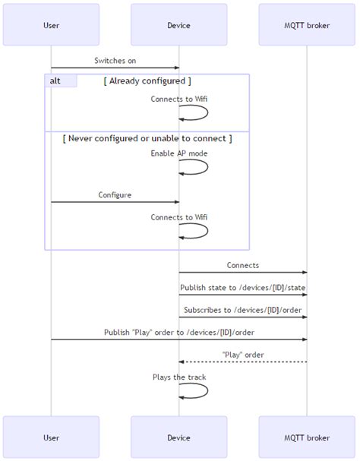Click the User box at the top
52,25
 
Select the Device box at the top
178,25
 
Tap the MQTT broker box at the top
307,25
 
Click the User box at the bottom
52,437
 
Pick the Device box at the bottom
178,437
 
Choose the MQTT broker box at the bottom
307,437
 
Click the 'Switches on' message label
115,61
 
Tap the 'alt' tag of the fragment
55,81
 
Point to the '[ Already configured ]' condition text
147,81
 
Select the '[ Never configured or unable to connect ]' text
147,138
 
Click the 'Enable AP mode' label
178,153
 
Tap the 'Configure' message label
115,195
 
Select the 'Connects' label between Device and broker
242,266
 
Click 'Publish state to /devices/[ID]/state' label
242,288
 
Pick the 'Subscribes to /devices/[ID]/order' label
242,310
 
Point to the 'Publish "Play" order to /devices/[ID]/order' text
179,333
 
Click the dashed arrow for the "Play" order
243,362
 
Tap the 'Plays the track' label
178,377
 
